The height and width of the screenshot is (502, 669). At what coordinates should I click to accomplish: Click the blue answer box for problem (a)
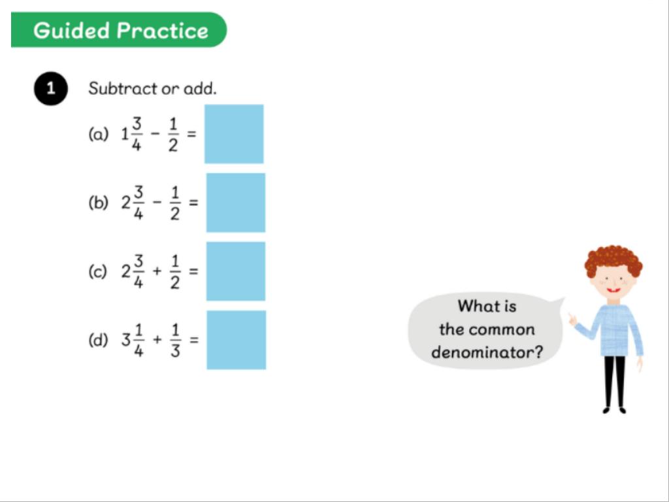click(234, 133)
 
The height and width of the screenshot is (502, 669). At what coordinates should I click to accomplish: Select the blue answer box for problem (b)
click(235, 203)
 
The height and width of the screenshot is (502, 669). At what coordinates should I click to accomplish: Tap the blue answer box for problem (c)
click(235, 271)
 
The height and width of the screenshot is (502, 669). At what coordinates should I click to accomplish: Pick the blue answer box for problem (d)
click(237, 340)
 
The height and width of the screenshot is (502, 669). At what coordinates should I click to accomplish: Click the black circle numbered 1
click(51, 88)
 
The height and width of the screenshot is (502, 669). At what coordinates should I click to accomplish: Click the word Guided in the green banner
click(72, 30)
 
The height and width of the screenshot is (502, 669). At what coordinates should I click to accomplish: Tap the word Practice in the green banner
click(163, 30)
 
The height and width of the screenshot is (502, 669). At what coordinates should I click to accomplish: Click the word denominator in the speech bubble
click(487, 352)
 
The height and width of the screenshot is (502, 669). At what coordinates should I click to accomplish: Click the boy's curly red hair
click(613, 259)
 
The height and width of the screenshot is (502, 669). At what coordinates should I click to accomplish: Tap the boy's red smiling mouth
click(613, 290)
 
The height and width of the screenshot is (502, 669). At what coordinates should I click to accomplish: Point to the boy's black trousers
click(614, 381)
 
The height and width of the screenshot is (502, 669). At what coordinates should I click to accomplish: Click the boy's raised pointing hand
click(572, 319)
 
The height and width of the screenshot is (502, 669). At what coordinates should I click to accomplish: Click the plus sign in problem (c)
click(157, 271)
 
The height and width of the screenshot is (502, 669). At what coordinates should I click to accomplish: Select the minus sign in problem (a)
click(155, 133)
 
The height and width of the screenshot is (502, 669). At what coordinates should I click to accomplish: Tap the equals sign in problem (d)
click(194, 340)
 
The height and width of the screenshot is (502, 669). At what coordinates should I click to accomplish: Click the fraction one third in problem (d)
click(175, 340)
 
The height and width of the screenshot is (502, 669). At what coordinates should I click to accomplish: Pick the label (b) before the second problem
click(98, 203)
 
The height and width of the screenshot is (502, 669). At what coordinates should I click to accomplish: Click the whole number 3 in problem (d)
click(126, 340)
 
